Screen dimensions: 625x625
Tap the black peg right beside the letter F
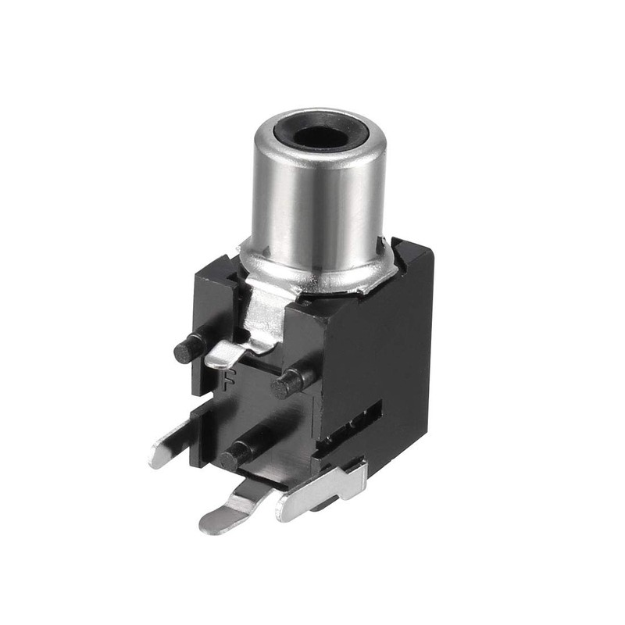[x=290, y=382]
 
